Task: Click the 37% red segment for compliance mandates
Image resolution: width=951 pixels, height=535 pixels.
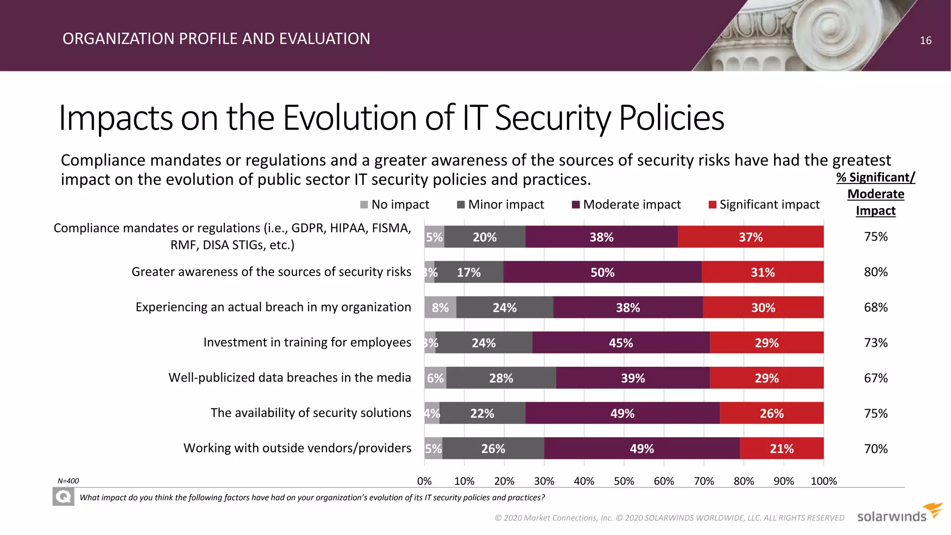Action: pyautogui.click(x=750, y=237)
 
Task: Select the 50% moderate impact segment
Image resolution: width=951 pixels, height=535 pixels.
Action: pyautogui.click(x=602, y=272)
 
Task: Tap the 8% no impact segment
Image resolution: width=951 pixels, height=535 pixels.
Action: pyautogui.click(x=440, y=307)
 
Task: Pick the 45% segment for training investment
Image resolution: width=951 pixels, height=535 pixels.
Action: pyautogui.click(x=621, y=343)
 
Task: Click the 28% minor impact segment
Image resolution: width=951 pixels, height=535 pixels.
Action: pyautogui.click(x=501, y=378)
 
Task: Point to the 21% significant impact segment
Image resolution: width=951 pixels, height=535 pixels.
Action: pyautogui.click(x=782, y=449)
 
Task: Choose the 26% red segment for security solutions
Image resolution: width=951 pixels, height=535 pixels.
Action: pyautogui.click(x=771, y=413)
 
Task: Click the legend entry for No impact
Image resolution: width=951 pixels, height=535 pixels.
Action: pyautogui.click(x=395, y=205)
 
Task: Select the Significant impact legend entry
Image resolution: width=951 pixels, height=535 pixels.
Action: pyautogui.click(x=764, y=205)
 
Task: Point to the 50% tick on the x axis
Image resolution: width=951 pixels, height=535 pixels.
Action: pyautogui.click(x=624, y=481)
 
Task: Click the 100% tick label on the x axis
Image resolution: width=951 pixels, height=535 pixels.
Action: pyautogui.click(x=823, y=481)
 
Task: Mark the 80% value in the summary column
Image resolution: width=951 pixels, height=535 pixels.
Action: pyautogui.click(x=875, y=272)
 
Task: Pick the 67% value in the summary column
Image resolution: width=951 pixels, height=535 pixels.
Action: pyautogui.click(x=875, y=378)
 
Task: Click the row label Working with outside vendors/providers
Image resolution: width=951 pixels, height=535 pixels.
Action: pyautogui.click(x=297, y=448)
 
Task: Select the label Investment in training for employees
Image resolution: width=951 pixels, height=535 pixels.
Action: pyautogui.click(x=307, y=342)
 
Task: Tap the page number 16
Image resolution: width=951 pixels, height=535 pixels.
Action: pyautogui.click(x=925, y=41)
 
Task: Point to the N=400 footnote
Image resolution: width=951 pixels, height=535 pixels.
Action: pyautogui.click(x=68, y=481)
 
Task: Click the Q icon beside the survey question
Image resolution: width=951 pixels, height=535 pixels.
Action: pyautogui.click(x=63, y=497)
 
